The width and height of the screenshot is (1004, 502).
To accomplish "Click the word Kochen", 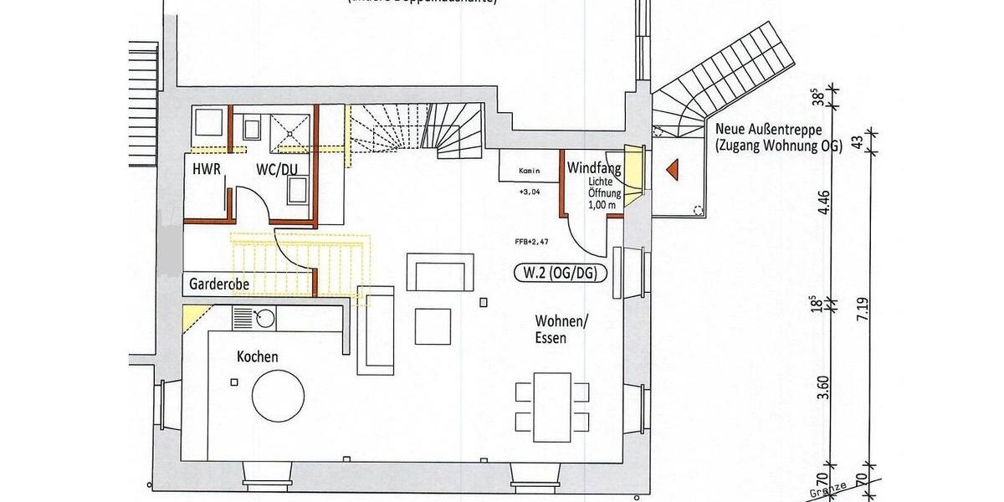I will pyautogui.click(x=258, y=356).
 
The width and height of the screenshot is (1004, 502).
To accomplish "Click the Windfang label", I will pyautogui.click(x=594, y=168).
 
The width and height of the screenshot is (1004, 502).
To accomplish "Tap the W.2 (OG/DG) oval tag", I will pyautogui.click(x=560, y=273).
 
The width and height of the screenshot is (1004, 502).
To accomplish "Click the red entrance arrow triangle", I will pyautogui.click(x=671, y=169).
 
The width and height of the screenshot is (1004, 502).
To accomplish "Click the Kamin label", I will pyautogui.click(x=529, y=172).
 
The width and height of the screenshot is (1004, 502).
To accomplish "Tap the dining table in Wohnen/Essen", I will pyautogui.click(x=543, y=408).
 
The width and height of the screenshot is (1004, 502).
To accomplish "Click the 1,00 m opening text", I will pyautogui.click(x=602, y=203).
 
